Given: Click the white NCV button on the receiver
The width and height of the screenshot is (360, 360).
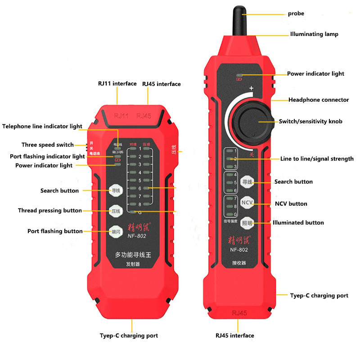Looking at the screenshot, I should pos(247,203).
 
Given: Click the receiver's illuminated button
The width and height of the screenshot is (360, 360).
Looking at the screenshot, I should pos(247,223).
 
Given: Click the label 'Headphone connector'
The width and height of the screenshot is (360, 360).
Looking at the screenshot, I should pos(319,100).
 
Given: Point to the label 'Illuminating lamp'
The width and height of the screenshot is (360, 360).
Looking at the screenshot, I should pos(314,34).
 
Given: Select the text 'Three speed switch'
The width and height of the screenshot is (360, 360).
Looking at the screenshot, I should pos(47,145).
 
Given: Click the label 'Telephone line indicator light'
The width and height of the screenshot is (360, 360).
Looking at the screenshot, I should pos(42,126).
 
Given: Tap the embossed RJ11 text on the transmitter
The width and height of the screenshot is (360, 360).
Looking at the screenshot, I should pos(121,116).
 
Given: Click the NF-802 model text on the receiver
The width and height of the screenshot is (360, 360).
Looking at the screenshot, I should pos(239,250).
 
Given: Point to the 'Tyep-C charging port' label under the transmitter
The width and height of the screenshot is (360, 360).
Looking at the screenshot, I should pos(129,336).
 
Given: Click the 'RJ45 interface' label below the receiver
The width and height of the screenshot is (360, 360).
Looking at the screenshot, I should pos(234,336).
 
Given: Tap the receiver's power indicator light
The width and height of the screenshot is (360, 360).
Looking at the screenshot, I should pos(239,75).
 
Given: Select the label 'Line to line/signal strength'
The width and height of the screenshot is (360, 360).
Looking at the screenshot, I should pos(317,159).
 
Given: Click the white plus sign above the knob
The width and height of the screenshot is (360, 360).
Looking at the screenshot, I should pos(252,89).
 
